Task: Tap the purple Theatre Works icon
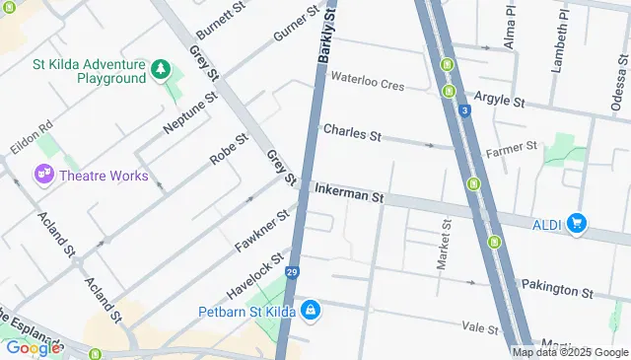pyautogui.click(x=44, y=176)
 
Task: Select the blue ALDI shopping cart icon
pyautogui.click(x=578, y=225)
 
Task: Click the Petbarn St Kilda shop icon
pyautogui.click(x=312, y=312)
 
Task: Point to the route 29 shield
pyautogui.click(x=292, y=272)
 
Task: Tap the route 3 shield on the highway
pyautogui.click(x=463, y=111)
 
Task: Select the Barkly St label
pyautogui.click(x=327, y=35)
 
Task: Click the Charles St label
pyautogui.click(x=351, y=131)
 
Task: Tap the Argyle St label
pyautogui.click(x=498, y=101)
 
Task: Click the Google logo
pyautogui.click(x=33, y=347)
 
